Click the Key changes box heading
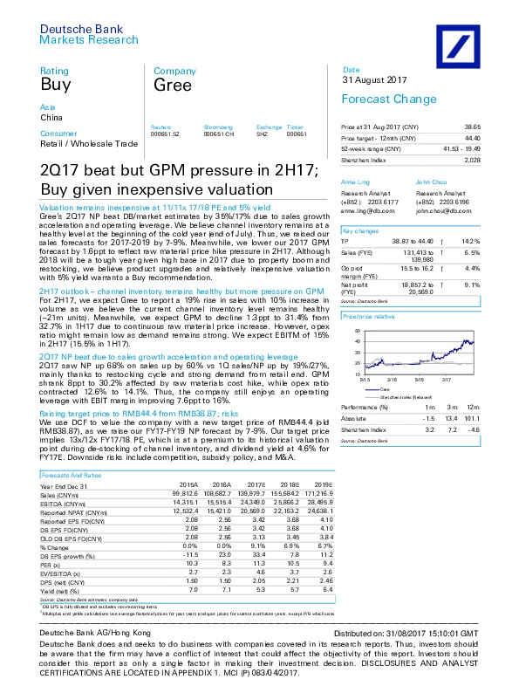[x=359, y=230]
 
